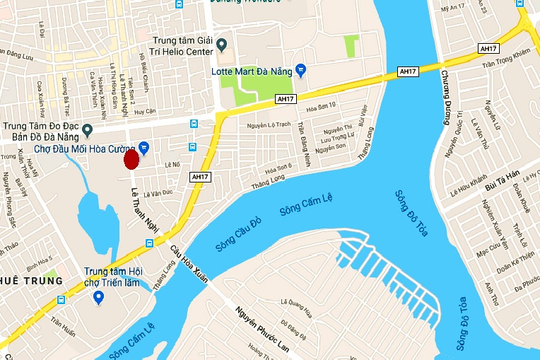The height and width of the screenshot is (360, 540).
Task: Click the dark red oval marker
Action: click(131, 160)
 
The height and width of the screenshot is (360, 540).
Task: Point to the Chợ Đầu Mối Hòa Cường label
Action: click(84, 149)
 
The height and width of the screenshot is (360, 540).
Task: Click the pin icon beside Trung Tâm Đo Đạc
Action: click(87, 130)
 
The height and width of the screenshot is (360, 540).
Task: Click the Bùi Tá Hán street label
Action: click(503, 186)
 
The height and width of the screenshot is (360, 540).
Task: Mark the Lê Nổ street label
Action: click(173, 164)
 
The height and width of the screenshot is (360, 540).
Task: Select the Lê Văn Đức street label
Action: click(158, 192)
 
